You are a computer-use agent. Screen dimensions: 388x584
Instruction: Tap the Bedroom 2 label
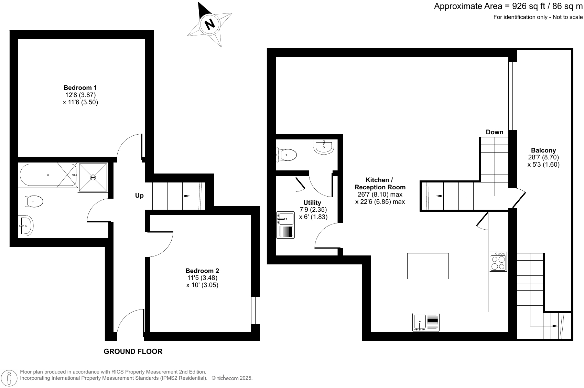(202, 271)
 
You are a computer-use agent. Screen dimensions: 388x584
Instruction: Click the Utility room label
(312, 203)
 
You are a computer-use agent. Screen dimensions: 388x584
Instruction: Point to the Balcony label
(543, 150)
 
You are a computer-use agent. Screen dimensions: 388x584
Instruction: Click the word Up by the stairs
(139, 196)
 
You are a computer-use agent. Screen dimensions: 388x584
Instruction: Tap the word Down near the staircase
(494, 132)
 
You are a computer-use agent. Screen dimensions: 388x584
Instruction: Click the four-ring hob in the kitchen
(498, 262)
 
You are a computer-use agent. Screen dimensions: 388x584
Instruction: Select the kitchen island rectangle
(428, 266)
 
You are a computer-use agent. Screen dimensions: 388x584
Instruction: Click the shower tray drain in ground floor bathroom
(93, 177)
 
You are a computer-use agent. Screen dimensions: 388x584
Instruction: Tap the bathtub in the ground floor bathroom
(48, 175)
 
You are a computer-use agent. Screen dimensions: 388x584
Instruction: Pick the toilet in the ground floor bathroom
(34, 201)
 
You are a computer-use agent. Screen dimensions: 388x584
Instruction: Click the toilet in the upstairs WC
(288, 155)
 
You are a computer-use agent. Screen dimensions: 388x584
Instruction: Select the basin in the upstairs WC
(324, 146)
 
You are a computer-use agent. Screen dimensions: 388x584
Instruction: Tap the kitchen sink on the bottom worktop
(420, 322)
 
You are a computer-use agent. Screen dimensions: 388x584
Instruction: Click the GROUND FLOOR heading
(133, 352)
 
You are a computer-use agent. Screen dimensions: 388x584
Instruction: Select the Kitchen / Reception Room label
(380, 183)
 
